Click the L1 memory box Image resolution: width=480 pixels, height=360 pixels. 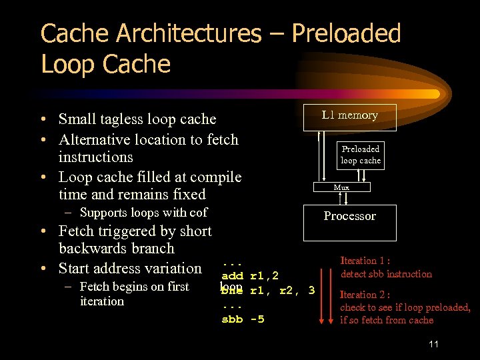pos(349,116)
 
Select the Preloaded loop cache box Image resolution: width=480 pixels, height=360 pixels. pos(361,155)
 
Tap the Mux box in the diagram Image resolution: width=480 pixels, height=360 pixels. pos(341,187)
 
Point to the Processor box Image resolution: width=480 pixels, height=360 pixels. pos(349,216)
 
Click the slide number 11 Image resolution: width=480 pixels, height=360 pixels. pos(433,344)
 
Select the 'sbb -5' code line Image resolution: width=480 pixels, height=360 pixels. pos(243,319)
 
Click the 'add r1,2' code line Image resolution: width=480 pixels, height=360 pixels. pos(249,275)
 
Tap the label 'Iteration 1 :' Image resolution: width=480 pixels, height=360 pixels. pos(365,261)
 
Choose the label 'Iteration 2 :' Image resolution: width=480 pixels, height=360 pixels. pos(365,295)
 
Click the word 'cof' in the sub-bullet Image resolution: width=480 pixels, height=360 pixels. pos(198,213)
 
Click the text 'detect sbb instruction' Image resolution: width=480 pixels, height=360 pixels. pos(386,274)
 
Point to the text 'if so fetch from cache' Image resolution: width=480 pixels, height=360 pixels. pos(387,320)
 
